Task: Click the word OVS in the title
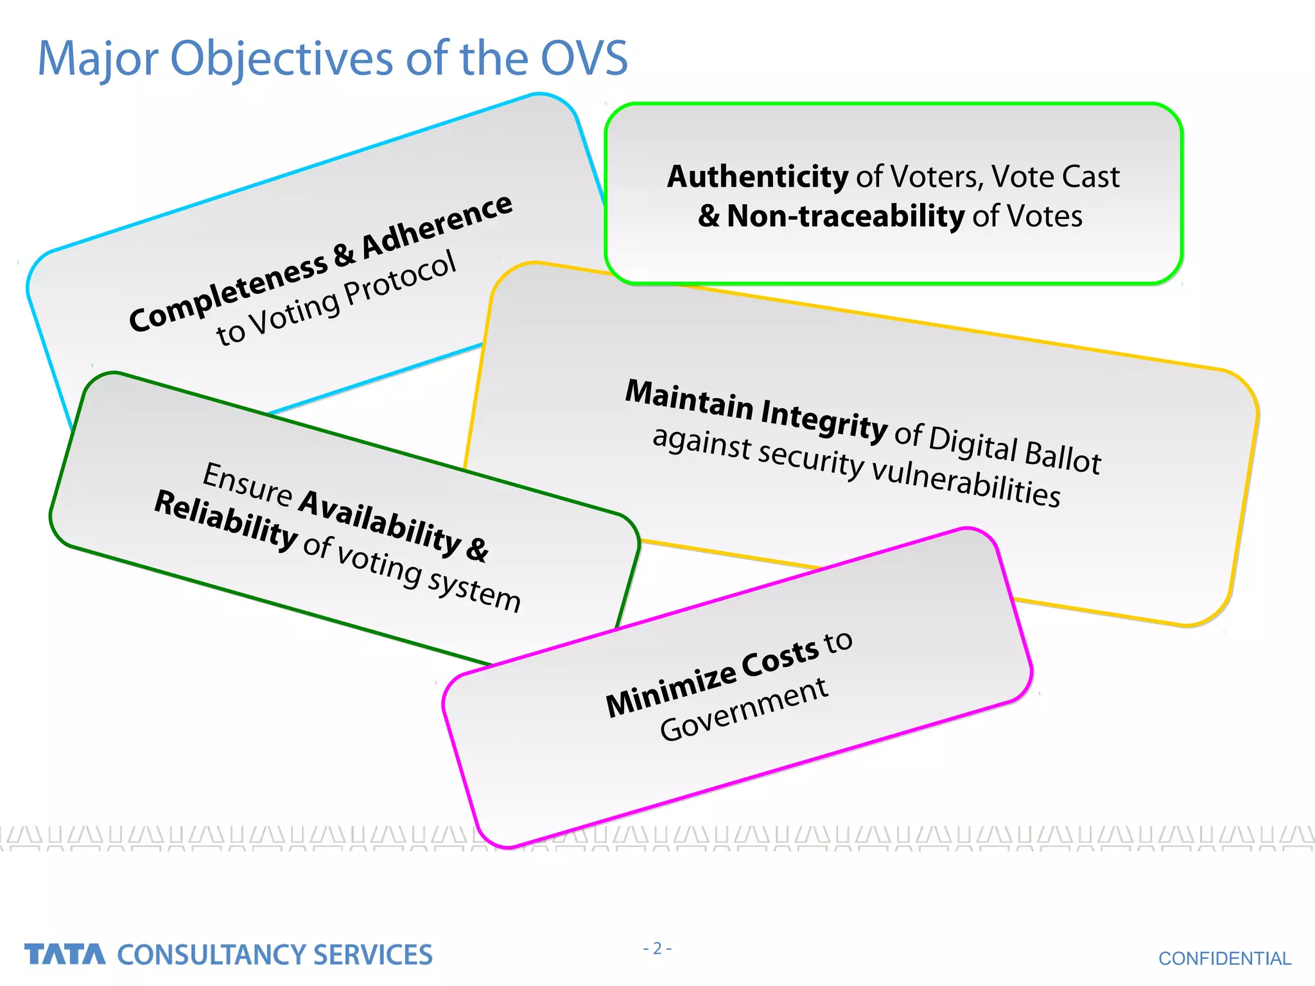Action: pos(584,59)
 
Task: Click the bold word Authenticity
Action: pos(758,177)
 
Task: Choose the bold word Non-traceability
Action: pos(845,216)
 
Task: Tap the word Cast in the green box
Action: pos(1090,177)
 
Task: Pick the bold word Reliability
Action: pos(225,519)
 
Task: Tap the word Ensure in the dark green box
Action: pos(247,483)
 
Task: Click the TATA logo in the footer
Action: pos(65,954)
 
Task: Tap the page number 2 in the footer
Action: pos(657,948)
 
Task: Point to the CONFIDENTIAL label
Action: pos(1224,958)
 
